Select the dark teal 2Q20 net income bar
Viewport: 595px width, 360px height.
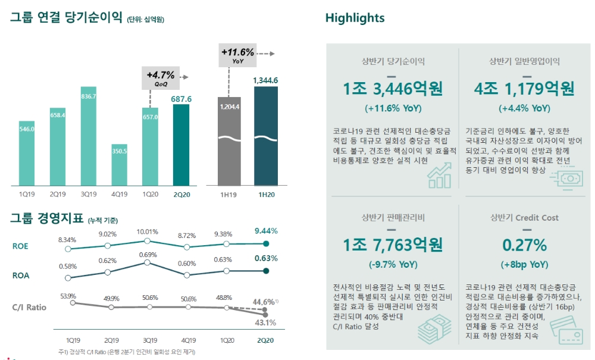181,145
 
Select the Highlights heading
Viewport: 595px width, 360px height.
355,18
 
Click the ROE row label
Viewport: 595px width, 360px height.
20,246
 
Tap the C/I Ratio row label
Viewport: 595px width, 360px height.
29,307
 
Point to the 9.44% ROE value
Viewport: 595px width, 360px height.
266,231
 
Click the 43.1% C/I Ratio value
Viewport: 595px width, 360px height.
265,323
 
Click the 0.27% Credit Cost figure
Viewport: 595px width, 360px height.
524,245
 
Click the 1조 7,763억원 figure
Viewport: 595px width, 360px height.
393,245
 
